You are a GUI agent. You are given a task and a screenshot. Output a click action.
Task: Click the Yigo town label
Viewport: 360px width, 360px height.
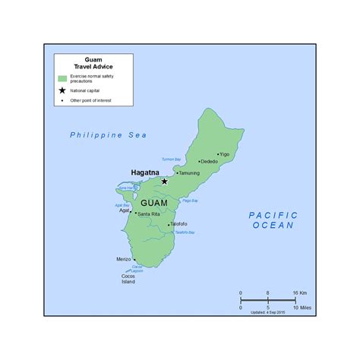[x=225, y=154]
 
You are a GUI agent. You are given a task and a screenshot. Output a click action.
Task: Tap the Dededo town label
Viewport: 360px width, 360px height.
[x=209, y=162]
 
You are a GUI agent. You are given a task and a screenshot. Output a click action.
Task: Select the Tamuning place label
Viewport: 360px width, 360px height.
[x=189, y=173]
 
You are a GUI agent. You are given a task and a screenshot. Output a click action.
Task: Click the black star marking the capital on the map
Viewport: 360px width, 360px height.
[x=164, y=181]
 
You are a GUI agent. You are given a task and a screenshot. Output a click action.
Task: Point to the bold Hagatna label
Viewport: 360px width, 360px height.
[x=144, y=172]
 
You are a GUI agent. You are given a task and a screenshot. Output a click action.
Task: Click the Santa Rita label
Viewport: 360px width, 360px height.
[x=149, y=213]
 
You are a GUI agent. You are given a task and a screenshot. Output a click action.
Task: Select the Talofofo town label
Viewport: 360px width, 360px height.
[x=179, y=224]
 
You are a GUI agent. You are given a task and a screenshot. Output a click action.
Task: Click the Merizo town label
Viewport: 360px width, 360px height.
[x=124, y=259]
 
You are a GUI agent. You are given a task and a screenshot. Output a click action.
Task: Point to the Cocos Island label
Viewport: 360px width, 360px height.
[x=128, y=279]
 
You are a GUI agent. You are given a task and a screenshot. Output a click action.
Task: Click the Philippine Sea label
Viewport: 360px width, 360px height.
[x=108, y=134]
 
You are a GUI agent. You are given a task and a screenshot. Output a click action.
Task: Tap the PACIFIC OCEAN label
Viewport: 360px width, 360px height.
[x=273, y=220]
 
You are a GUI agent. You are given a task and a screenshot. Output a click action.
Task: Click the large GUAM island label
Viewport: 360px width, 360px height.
[x=154, y=204]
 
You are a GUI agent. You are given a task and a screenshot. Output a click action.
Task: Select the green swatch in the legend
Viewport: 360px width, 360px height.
[x=62, y=79]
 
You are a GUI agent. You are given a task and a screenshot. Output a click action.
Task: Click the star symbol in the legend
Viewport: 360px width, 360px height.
[x=62, y=90]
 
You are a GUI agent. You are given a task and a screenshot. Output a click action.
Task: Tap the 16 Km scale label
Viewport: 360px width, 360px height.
[x=300, y=292]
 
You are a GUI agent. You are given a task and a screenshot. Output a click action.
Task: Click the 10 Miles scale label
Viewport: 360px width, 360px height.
[x=302, y=308]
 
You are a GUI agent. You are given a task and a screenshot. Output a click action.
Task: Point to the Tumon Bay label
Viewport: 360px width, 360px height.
[x=172, y=159]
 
